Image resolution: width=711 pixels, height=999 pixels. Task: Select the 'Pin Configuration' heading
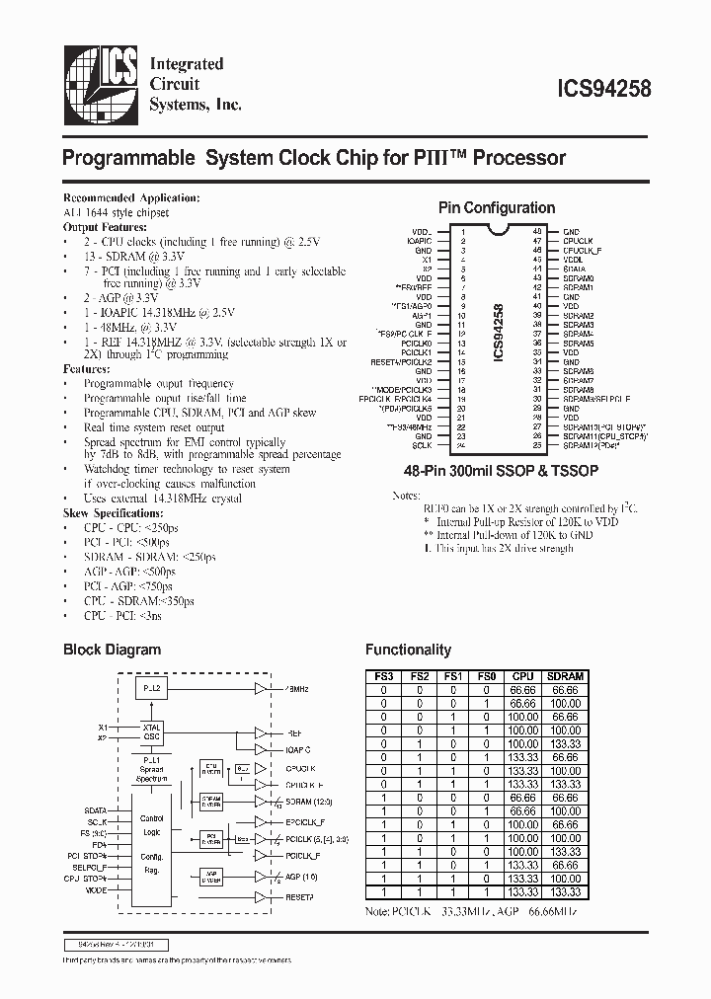pos(496,207)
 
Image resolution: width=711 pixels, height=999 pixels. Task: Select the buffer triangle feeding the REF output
pos(260,733)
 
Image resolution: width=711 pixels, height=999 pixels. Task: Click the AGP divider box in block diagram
pos(212,875)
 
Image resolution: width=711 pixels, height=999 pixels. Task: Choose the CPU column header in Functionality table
pos(523,676)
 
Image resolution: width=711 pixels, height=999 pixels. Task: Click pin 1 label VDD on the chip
pos(423,230)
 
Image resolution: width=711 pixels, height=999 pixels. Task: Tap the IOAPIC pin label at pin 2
pos(419,239)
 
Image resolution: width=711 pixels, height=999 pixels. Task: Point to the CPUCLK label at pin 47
pos(576,239)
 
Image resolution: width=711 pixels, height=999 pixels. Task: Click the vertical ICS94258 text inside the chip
pos(498,336)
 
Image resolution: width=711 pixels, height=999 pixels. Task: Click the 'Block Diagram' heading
pos(112,650)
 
